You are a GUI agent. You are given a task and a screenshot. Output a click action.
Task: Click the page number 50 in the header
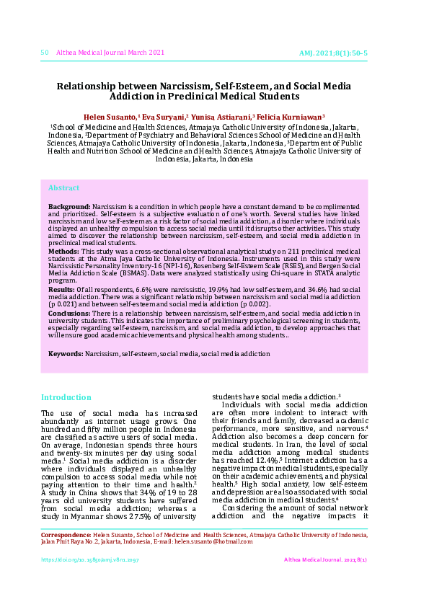pos(45,53)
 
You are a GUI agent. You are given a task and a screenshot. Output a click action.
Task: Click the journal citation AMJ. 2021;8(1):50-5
pos(333,53)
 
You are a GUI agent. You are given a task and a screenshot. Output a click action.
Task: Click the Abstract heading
pos(63,188)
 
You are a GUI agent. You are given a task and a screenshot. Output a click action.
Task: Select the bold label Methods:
pos(63,251)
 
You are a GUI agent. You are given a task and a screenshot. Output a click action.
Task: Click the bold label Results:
pos(61,289)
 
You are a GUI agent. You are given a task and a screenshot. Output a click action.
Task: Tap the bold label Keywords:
pos(66,354)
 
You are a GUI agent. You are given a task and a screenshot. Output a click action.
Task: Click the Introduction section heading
pos(66,397)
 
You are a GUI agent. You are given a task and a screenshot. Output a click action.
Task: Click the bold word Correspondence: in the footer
pos(65,536)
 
